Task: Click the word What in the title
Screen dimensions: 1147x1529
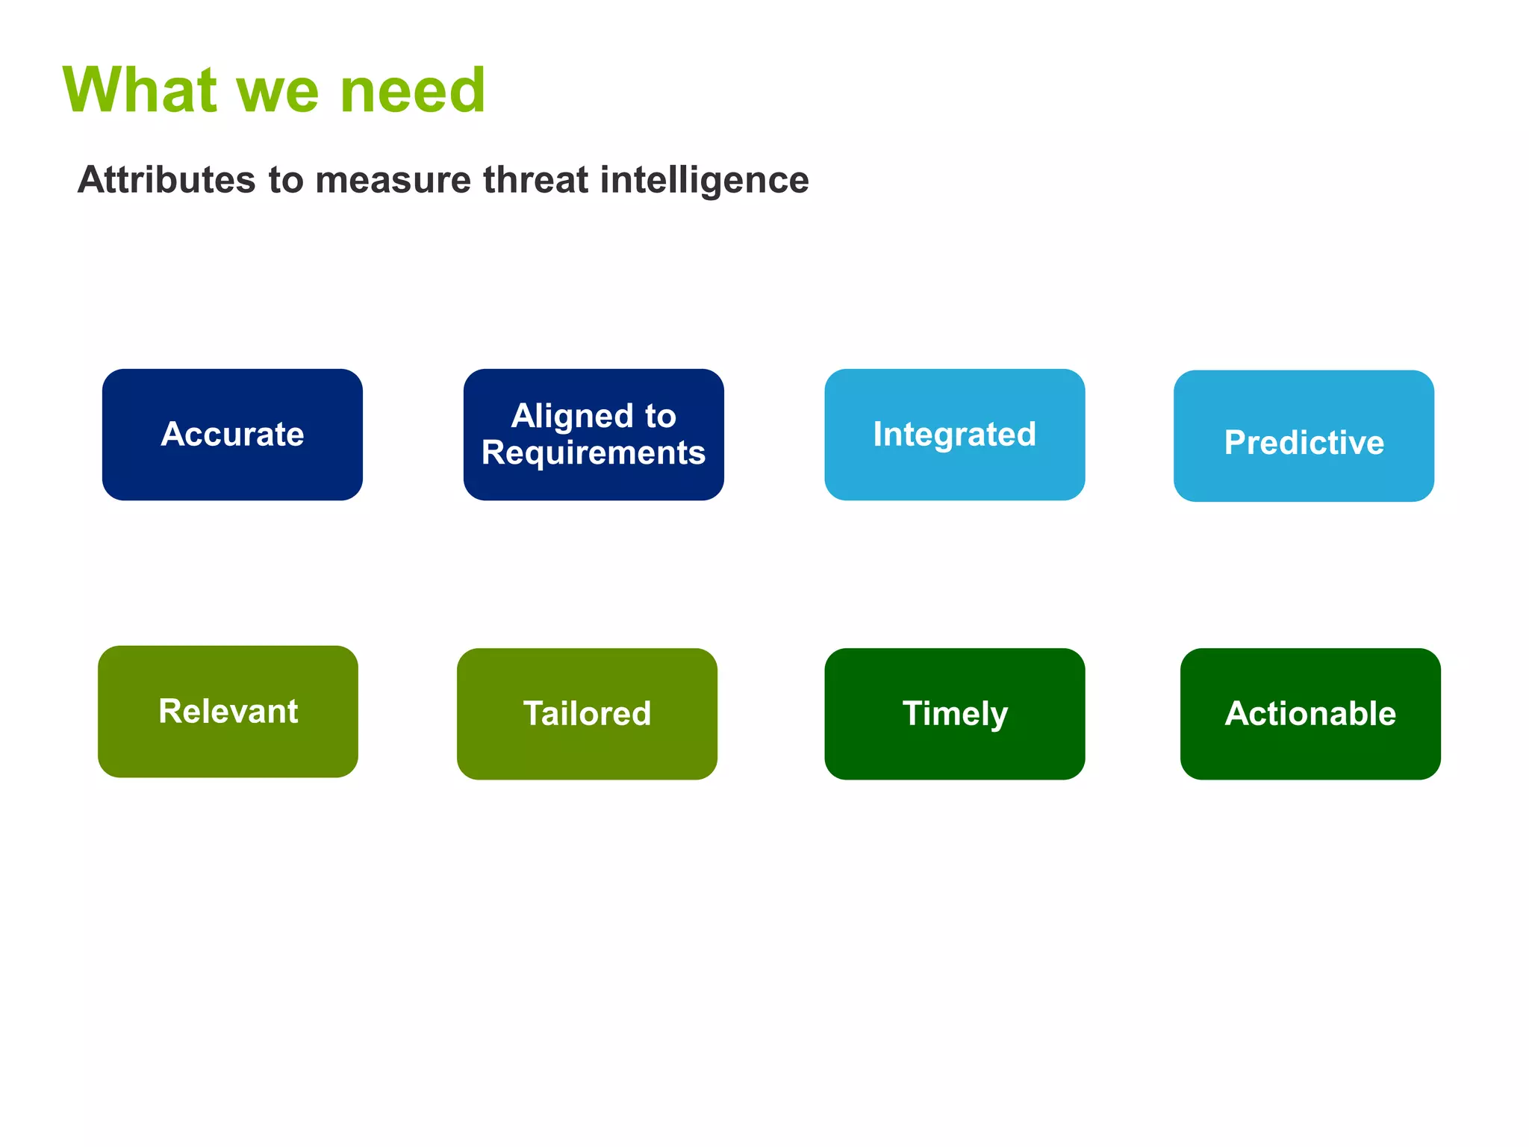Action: click(x=140, y=90)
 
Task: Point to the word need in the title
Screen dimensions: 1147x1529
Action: click(x=412, y=90)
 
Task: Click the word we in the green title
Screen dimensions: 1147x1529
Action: click(x=278, y=94)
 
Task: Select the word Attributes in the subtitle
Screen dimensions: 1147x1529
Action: click(x=166, y=180)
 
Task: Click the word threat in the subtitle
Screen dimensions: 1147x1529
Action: click(x=535, y=180)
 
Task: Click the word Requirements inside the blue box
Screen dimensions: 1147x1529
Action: click(x=594, y=453)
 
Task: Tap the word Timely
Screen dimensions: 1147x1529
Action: click(x=954, y=713)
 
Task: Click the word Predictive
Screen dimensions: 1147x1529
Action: click(x=1304, y=442)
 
